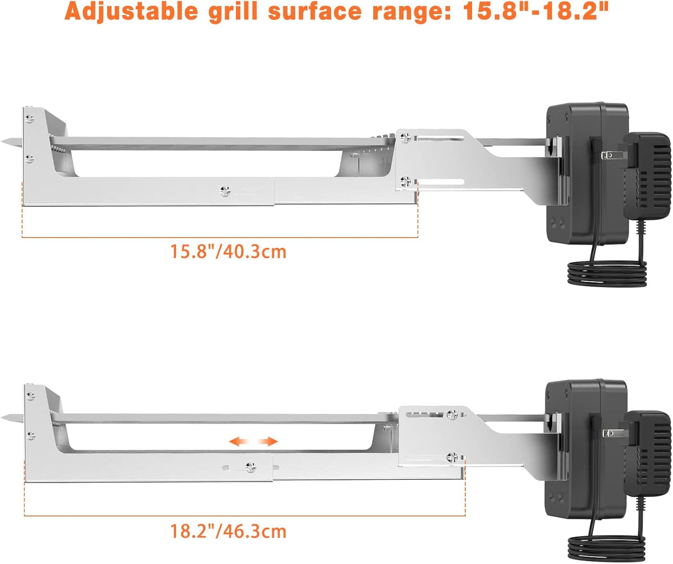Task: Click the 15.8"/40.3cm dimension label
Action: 228,252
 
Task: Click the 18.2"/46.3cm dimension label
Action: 228,531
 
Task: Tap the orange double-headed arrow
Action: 253,442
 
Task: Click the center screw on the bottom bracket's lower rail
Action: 251,467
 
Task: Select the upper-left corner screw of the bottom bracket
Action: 31,396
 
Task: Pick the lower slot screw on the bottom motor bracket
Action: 452,457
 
